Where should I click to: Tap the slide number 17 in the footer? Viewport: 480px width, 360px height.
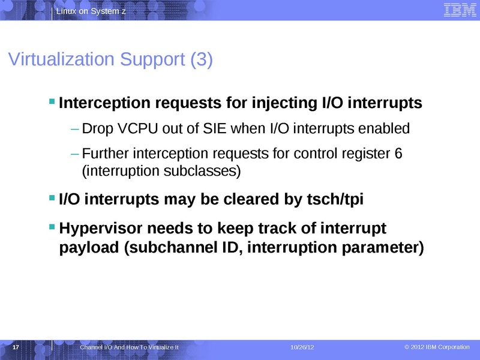16,348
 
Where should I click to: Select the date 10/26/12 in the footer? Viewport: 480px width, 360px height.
302,348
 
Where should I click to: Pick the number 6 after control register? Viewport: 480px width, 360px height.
398,154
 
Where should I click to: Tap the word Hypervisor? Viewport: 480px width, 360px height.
99,229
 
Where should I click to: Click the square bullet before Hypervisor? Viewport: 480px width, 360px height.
52,227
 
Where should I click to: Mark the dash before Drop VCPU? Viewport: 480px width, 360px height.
74,128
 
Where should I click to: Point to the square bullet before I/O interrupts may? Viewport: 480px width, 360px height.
52,197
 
